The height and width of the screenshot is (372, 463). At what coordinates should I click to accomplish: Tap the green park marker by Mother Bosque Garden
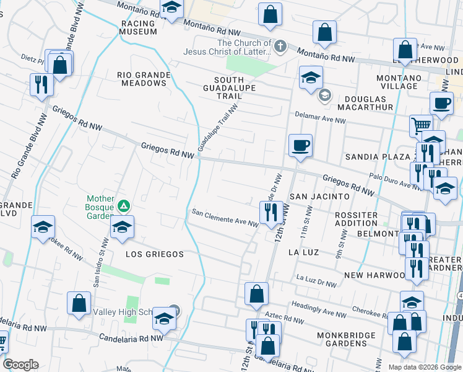click(124, 205)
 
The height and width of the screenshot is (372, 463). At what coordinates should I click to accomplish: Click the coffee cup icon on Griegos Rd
click(300, 145)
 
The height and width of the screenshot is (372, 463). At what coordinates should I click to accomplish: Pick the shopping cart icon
click(421, 125)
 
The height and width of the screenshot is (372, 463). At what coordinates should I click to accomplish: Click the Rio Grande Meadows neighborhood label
click(144, 79)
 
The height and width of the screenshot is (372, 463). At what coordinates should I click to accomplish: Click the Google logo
click(21, 365)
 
